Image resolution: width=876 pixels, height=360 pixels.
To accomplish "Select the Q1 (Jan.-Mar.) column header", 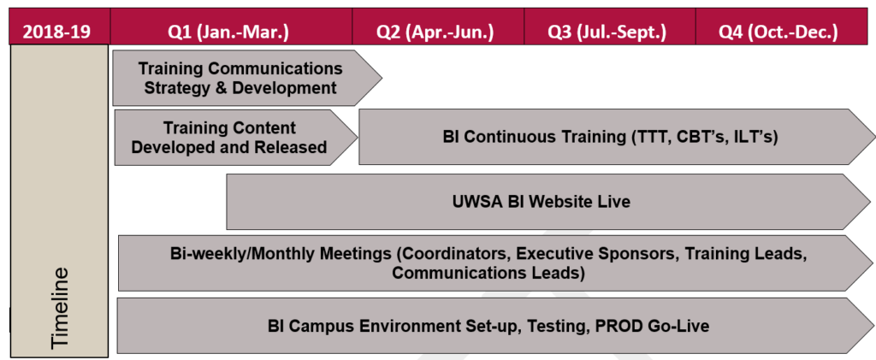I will [229, 32].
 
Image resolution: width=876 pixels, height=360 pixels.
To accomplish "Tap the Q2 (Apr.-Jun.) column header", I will [436, 32].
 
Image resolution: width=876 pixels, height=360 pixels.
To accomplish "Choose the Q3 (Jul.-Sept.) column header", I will [608, 32].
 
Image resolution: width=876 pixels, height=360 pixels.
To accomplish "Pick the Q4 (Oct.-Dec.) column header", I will [778, 32].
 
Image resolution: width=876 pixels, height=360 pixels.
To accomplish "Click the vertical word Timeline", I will [59, 308].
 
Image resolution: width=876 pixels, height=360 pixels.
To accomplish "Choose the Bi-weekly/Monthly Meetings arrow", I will [488, 263].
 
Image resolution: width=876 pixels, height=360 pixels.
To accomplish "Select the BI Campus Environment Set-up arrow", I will [488, 325].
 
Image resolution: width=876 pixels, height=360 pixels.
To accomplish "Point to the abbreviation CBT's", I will [707, 137].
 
